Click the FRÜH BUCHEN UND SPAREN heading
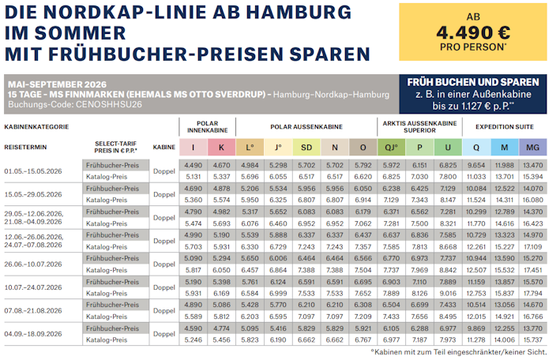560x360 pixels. pyautogui.click(x=473, y=82)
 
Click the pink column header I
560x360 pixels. pyautogui.click(x=193, y=147)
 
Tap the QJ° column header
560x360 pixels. pyautogui.click(x=390, y=147)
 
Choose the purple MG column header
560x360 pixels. pyautogui.click(x=533, y=147)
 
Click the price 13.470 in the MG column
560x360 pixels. pyautogui.click(x=533, y=165)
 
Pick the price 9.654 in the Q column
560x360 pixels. pyautogui.click(x=476, y=165)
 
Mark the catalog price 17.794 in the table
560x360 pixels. pyautogui.click(x=533, y=294)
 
